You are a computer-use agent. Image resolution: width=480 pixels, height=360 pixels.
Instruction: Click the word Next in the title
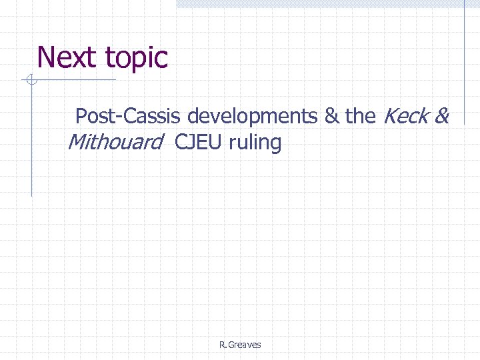pyautogui.click(x=67, y=57)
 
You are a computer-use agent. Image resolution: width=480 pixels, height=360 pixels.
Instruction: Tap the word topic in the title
pyautogui.click(x=135, y=59)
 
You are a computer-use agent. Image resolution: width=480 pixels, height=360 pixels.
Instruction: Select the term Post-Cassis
pyautogui.click(x=129, y=117)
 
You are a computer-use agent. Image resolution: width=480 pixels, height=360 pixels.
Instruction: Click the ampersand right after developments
pyautogui.click(x=331, y=117)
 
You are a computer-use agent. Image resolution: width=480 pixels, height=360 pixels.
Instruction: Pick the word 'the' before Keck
pyautogui.click(x=361, y=117)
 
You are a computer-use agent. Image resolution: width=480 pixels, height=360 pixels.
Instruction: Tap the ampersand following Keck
pyautogui.click(x=442, y=117)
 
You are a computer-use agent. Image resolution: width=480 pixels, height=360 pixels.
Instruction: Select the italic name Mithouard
pyautogui.click(x=116, y=142)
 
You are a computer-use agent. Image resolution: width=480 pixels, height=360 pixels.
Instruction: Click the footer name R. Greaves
pyautogui.click(x=240, y=345)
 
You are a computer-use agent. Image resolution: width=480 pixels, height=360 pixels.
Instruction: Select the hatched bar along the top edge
pyautogui.click(x=327, y=3)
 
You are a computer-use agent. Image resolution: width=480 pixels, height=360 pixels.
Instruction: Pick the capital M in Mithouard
pyautogui.click(x=77, y=142)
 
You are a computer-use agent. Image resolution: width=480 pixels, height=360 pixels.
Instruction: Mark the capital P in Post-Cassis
pyautogui.click(x=81, y=117)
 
